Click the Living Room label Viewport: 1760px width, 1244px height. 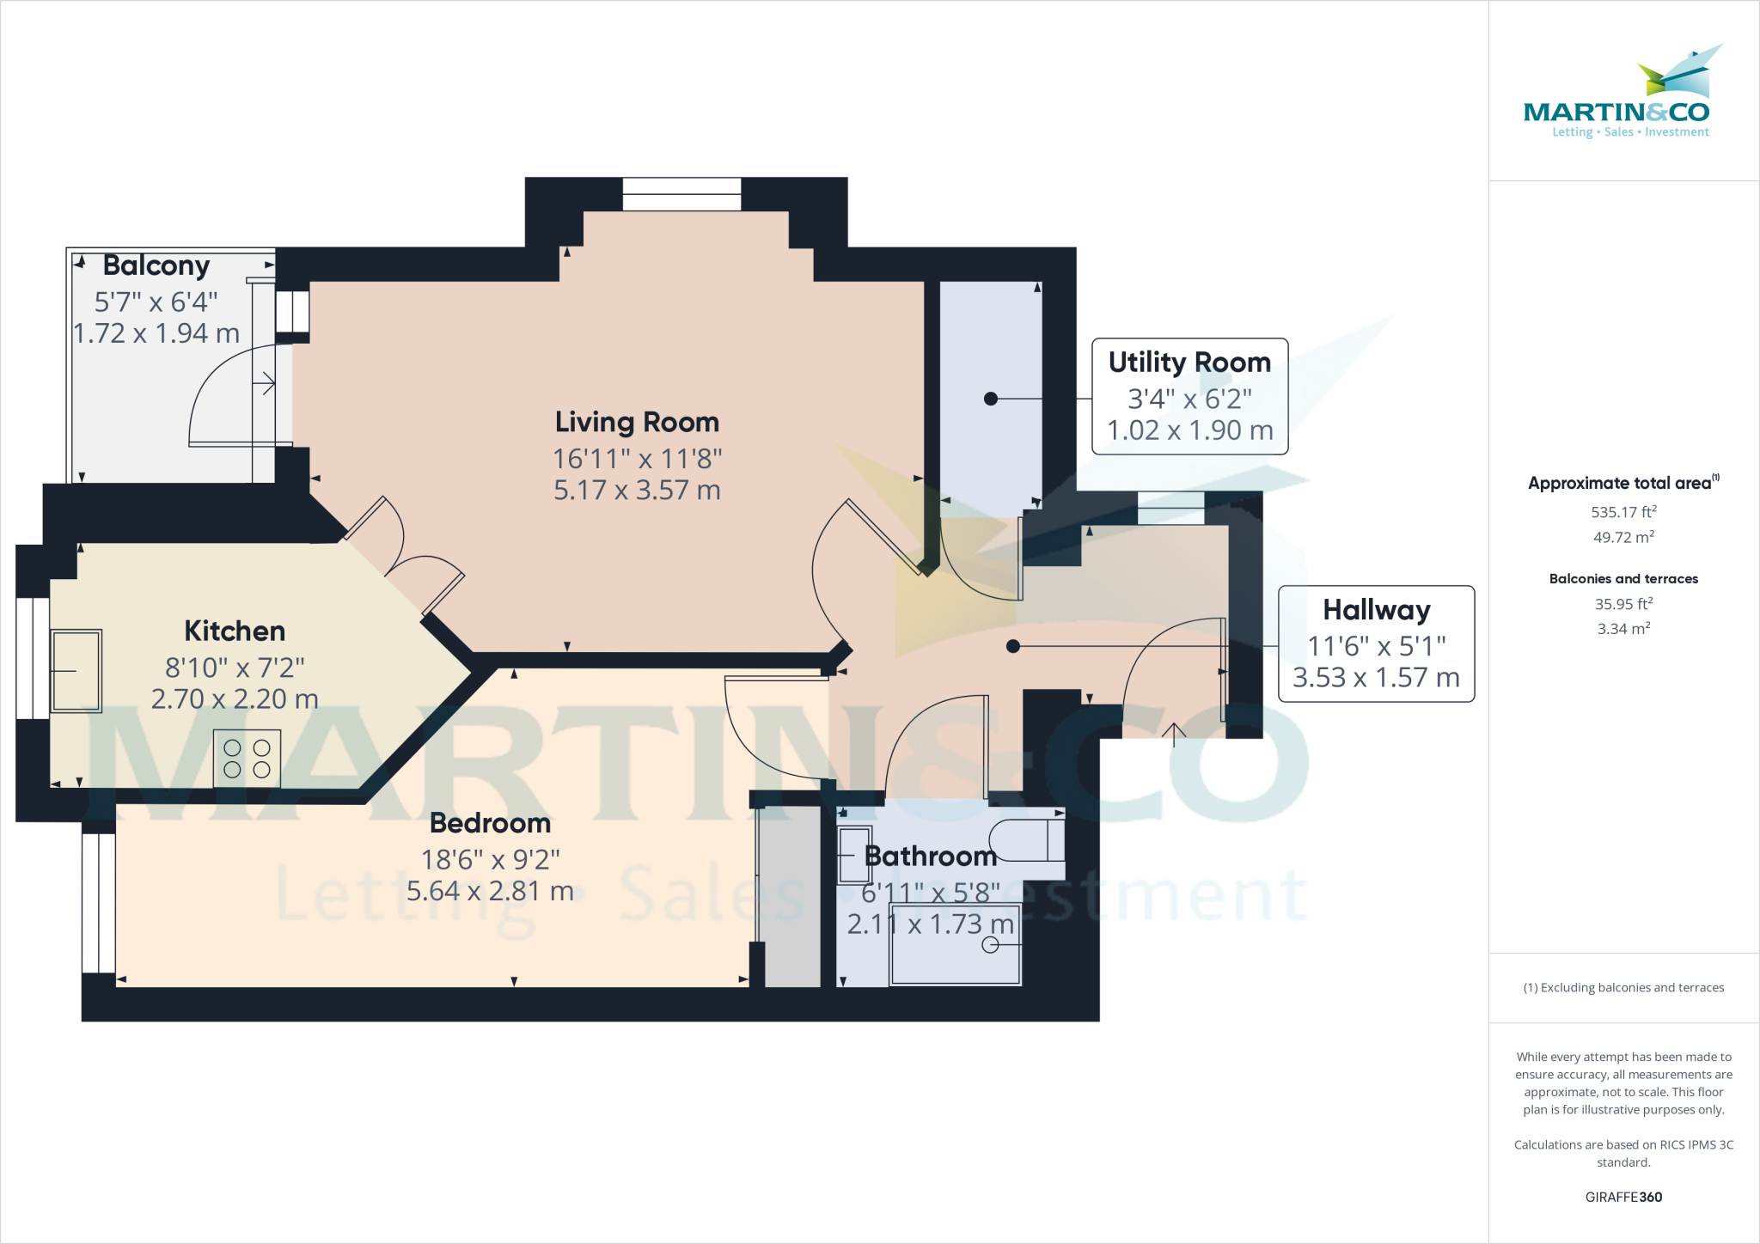coord(637,422)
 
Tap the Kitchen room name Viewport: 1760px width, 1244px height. coord(235,631)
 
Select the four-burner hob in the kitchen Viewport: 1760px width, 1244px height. coord(247,759)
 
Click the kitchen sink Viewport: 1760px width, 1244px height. coord(76,671)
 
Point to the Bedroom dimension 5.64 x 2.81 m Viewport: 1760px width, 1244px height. coord(490,891)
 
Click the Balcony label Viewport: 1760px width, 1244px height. coord(156,265)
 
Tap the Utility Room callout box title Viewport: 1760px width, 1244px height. coord(1189,363)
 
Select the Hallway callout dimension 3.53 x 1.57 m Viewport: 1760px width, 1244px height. coord(1376,678)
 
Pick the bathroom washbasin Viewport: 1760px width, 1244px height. coord(854,854)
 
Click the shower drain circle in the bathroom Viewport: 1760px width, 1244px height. coord(990,945)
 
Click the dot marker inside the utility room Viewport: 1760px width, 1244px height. coord(991,399)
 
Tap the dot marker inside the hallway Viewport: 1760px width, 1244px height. coord(1013,646)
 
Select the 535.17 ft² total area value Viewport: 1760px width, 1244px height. coord(1623,512)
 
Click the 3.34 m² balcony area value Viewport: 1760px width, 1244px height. coord(1623,629)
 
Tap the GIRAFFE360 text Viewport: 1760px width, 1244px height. coord(1623,1197)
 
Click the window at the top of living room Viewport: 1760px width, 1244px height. coord(681,194)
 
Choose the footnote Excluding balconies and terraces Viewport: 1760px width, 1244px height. coord(1623,988)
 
